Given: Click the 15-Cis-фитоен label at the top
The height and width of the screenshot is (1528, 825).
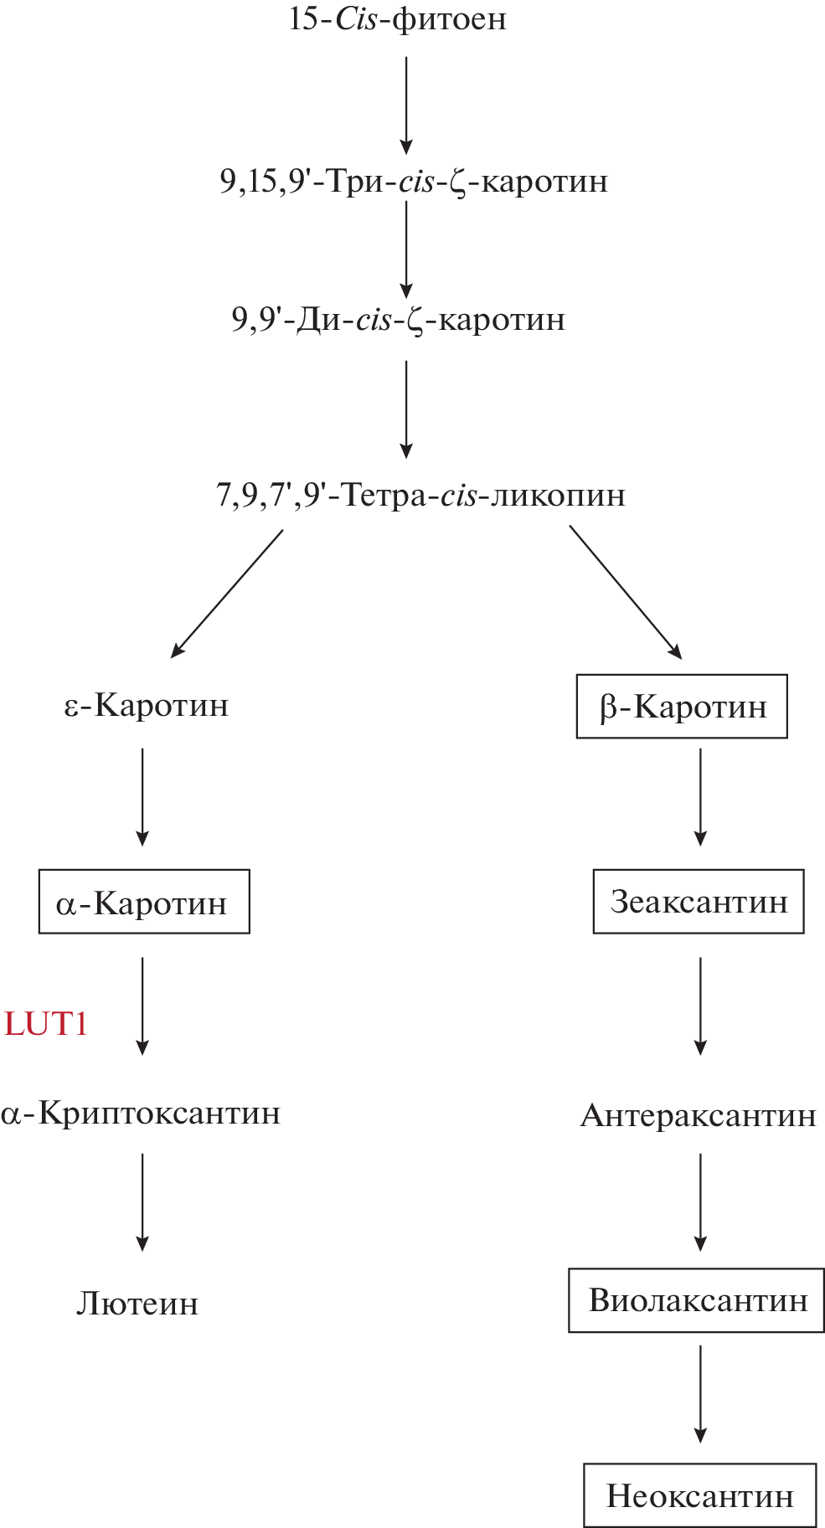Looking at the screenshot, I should [x=397, y=19].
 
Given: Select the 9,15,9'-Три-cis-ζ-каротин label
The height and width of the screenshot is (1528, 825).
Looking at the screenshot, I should [x=414, y=182].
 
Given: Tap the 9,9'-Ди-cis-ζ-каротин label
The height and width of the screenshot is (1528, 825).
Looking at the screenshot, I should [x=399, y=320].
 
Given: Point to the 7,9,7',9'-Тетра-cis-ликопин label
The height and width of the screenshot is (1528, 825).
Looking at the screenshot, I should [x=420, y=496].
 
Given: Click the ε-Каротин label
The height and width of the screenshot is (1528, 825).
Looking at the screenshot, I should [x=147, y=706].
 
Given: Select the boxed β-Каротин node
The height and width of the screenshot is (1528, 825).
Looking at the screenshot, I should [x=682, y=707].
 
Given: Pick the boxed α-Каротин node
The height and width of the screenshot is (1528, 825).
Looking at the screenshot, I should [x=144, y=903].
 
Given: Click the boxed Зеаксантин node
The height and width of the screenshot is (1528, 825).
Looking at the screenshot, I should [x=699, y=902].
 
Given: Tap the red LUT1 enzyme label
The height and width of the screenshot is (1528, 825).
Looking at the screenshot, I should [x=46, y=1024].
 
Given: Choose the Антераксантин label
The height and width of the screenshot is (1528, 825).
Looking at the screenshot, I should [x=698, y=1116].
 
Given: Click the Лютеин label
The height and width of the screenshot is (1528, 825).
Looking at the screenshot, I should [x=137, y=1304].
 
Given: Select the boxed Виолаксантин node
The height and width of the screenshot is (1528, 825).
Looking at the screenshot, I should [x=697, y=1300].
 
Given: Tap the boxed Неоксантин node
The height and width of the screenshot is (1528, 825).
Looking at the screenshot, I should [x=699, y=1495].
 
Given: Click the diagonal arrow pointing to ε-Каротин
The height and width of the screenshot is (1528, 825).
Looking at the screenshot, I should [x=227, y=594].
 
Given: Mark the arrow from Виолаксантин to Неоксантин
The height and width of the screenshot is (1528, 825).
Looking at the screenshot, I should [x=700, y=1394].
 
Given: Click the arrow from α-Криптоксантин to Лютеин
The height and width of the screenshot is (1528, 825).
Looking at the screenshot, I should [x=142, y=1201].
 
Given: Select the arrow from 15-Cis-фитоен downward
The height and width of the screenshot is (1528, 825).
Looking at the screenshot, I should [x=406, y=105].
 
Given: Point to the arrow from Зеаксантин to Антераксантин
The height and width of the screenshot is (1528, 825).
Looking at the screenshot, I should [x=700, y=1006].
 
